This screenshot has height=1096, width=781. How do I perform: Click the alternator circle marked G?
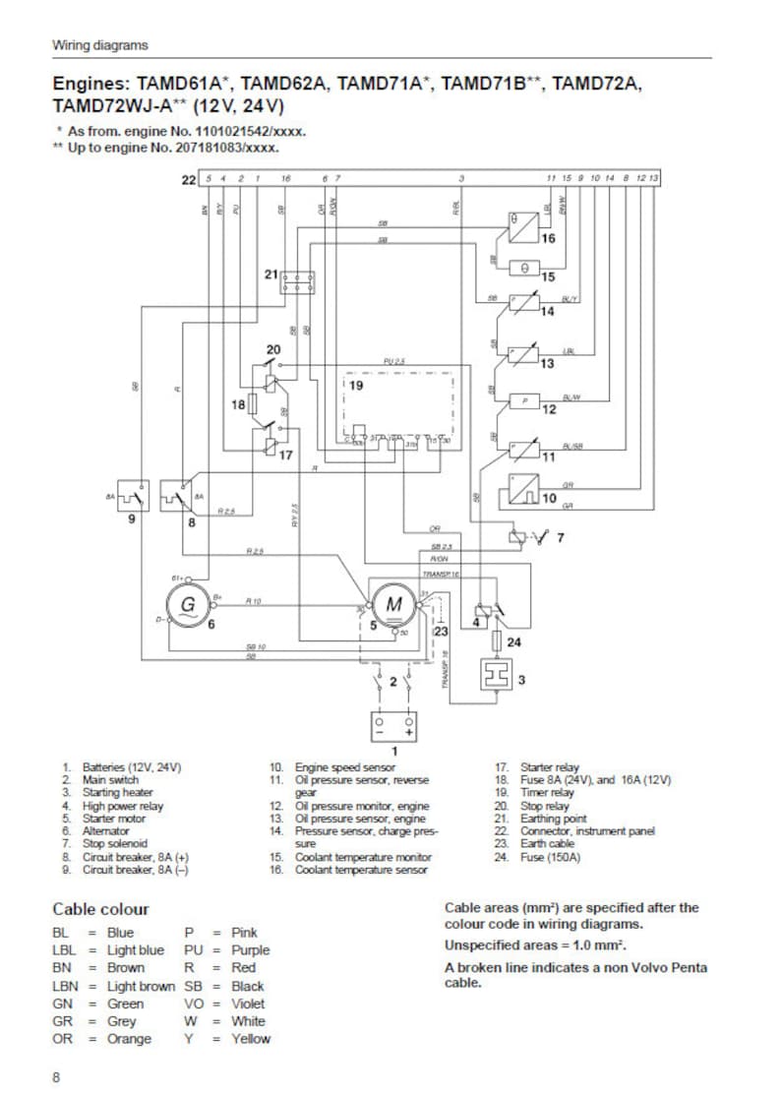[x=187, y=603]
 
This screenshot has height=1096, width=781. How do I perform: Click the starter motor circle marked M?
[x=393, y=604]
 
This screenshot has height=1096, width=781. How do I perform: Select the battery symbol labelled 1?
[x=393, y=726]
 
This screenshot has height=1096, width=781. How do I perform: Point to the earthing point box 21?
[x=296, y=282]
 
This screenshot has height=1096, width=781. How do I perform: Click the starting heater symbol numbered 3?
[x=496, y=678]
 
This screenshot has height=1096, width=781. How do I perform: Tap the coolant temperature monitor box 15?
[x=523, y=267]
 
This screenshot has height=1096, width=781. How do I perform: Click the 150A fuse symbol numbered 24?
[x=496, y=641]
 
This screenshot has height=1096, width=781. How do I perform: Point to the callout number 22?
[x=189, y=179]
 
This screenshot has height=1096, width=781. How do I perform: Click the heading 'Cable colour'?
[x=100, y=909]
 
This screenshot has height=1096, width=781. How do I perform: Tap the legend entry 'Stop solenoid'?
[x=115, y=844]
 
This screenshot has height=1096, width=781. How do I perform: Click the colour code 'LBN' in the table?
[x=65, y=986]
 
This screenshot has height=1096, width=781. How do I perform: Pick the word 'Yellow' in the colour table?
[x=250, y=1039]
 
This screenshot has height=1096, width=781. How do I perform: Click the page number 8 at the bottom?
[x=56, y=1077]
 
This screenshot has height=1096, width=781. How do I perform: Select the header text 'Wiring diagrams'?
[x=100, y=45]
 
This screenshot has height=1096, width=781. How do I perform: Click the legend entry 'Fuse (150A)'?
[x=551, y=858]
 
